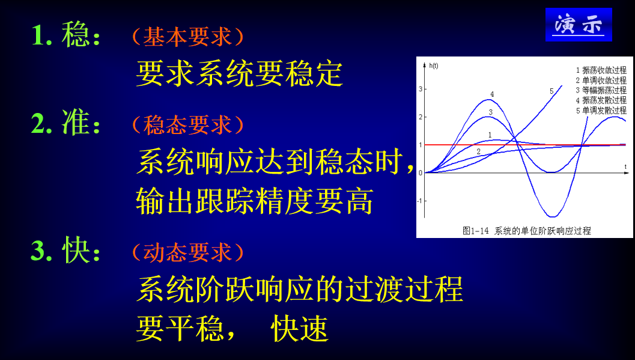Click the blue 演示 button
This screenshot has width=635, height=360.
(x=579, y=25)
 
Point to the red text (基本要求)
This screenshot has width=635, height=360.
(x=187, y=37)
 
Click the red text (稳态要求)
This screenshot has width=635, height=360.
(x=187, y=125)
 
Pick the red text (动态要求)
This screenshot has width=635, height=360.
(x=187, y=252)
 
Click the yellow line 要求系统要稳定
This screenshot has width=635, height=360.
(x=239, y=74)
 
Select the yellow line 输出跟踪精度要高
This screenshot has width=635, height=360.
(x=255, y=201)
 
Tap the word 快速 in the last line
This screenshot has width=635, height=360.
(x=300, y=328)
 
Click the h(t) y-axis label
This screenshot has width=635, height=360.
(x=434, y=65)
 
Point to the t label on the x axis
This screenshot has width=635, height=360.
(x=625, y=166)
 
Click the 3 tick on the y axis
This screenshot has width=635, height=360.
(x=421, y=89)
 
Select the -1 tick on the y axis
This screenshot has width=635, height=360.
(x=420, y=201)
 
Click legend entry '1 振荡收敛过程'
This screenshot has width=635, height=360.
(x=600, y=70)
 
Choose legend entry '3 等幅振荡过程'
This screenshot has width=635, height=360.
(x=600, y=90)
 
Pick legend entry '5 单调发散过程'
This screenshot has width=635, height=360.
(x=600, y=111)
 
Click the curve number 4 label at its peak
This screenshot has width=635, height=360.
(x=492, y=94)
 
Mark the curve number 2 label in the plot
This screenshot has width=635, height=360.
(x=479, y=152)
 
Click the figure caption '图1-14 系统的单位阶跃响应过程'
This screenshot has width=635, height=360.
(x=526, y=231)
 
